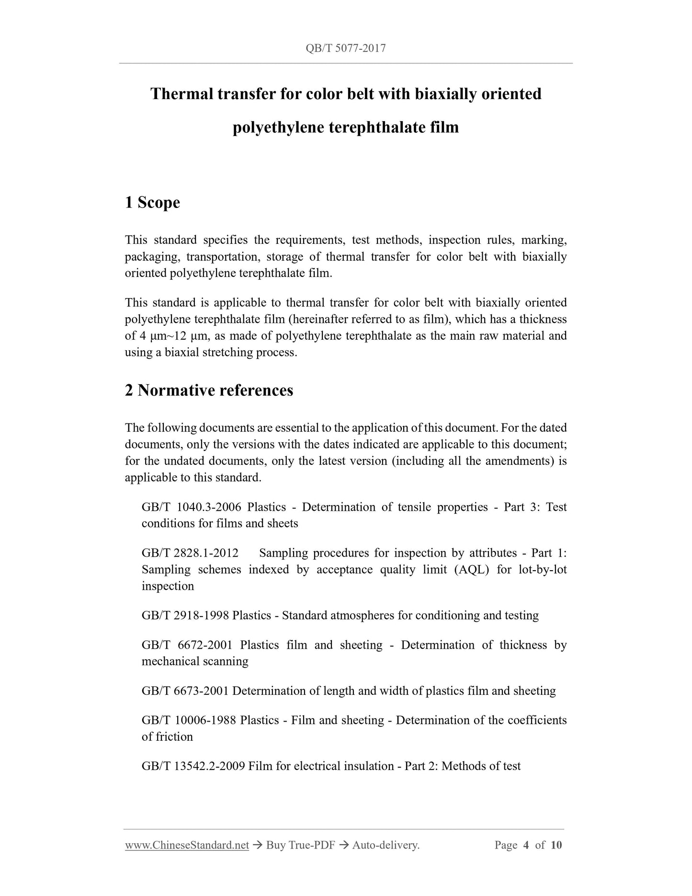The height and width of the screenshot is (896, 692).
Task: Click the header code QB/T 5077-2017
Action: [345, 48]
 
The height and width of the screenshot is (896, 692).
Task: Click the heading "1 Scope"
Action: [152, 202]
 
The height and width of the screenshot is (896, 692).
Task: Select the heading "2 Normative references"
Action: [209, 390]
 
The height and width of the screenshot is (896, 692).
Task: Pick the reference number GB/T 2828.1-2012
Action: [190, 553]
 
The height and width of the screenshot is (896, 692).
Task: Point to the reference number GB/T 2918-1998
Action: [185, 615]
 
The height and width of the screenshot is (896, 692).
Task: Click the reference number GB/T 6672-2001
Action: [187, 645]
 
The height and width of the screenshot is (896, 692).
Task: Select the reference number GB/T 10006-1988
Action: [189, 720]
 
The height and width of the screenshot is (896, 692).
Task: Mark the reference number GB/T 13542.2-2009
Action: [193, 766]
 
